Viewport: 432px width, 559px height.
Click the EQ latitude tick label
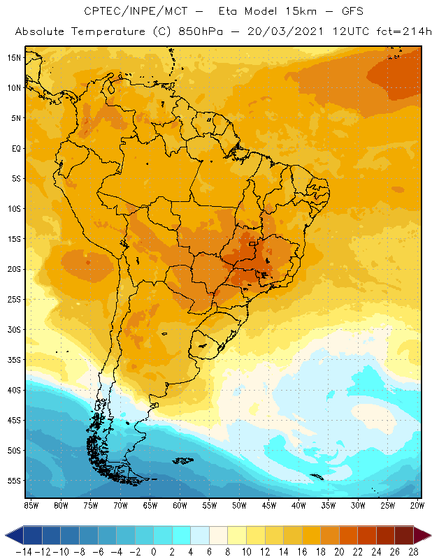[13, 148]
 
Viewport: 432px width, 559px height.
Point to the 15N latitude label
[13, 57]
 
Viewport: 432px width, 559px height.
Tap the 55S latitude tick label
[13, 481]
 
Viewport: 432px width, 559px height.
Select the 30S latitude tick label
[13, 329]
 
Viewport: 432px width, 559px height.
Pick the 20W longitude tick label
[417, 504]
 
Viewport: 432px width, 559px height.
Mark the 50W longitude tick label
[239, 504]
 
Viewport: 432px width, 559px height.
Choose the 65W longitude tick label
[150, 504]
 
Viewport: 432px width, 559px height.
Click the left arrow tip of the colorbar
[6, 535]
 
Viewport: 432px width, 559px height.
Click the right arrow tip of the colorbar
[429, 535]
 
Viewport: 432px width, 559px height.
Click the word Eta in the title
[230, 12]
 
